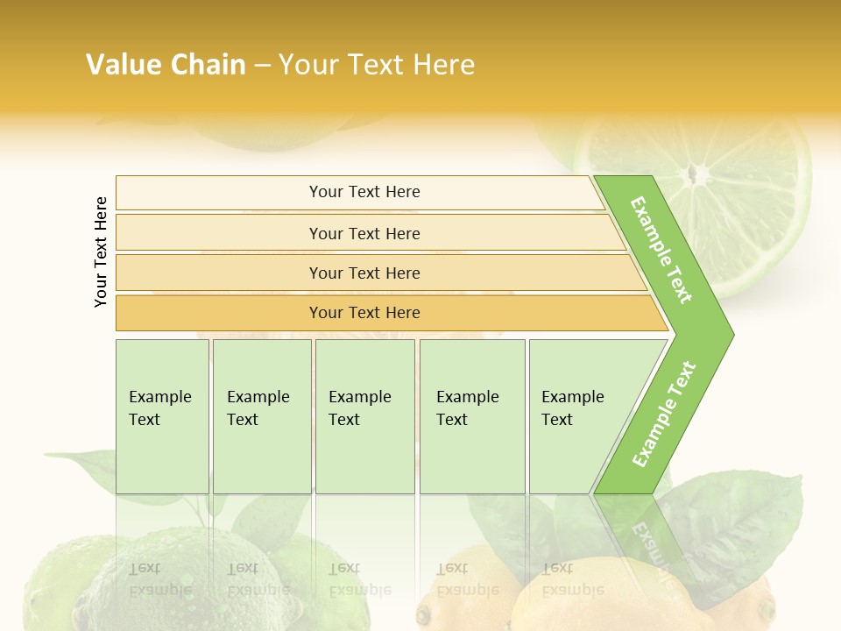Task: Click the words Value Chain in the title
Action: [166, 65]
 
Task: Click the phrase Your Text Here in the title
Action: [377, 65]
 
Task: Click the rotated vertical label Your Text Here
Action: [101, 252]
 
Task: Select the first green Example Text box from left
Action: [162, 416]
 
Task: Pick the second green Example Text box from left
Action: [261, 416]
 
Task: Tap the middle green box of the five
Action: [364, 416]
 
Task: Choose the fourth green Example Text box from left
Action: [472, 416]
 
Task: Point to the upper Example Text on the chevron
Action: [661, 250]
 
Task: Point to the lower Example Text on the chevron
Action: [664, 414]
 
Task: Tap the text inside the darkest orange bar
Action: [364, 313]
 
